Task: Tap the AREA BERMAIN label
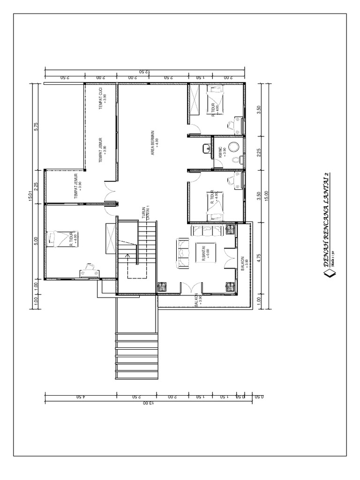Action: pos(154,139)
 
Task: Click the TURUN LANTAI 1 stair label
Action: pos(146,213)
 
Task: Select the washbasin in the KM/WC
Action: pos(206,149)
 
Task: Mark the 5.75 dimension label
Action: pos(36,127)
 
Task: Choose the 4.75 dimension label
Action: pos(259,259)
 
